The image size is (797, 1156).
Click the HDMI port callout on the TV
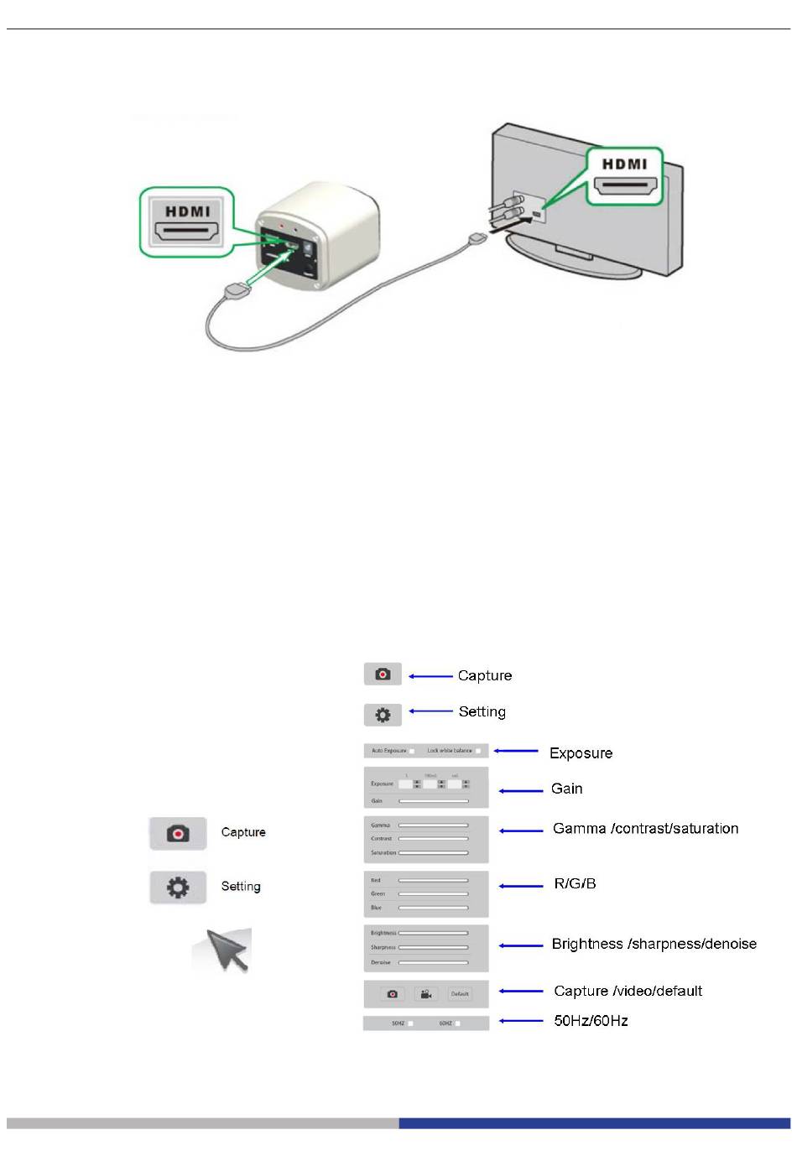click(624, 177)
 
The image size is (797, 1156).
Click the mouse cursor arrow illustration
click(224, 950)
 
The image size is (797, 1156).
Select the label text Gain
click(566, 789)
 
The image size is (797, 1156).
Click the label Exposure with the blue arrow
click(581, 752)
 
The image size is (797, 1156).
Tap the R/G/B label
click(575, 883)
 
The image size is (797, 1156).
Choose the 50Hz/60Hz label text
click(591, 1021)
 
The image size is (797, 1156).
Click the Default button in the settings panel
click(460, 994)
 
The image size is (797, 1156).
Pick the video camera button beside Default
click(426, 994)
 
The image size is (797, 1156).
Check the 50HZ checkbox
click(410, 1023)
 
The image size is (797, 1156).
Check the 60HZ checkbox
click(457, 1023)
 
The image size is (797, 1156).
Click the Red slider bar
click(433, 881)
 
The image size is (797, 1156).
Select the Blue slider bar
click(433, 908)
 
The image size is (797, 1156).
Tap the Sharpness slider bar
click(433, 947)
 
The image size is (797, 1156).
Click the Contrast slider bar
click(433, 839)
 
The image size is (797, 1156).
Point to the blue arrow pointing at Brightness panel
click(521, 945)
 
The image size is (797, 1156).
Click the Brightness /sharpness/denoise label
click(654, 944)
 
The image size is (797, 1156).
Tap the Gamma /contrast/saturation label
click(645, 829)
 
